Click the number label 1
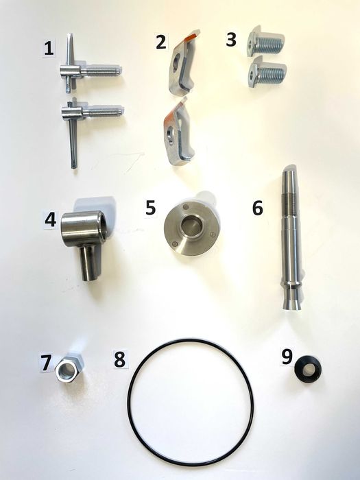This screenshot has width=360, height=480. [49, 49]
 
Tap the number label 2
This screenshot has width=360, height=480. [161, 42]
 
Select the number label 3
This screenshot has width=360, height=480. [231, 40]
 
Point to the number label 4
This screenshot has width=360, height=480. [51, 220]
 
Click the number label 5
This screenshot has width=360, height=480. [150, 208]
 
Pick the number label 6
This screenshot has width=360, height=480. [258, 208]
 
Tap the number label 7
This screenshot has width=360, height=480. [46, 363]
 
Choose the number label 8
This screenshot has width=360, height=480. [120, 359]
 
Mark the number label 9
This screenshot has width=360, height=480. [287, 357]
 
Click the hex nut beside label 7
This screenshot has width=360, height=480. [69, 369]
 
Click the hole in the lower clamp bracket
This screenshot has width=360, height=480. [171, 134]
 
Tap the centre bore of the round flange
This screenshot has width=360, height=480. [191, 226]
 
